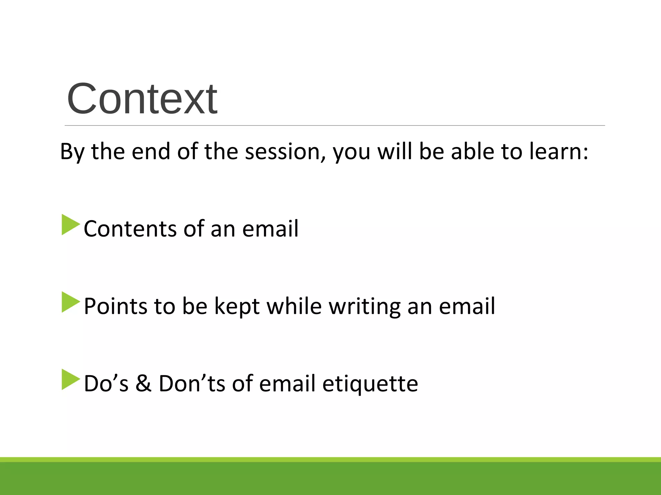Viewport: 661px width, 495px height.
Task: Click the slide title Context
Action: coord(142,99)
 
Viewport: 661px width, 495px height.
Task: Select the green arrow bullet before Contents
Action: coord(70,225)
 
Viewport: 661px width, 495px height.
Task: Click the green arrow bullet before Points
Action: coord(70,302)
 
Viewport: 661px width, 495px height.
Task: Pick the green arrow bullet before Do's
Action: coord(70,380)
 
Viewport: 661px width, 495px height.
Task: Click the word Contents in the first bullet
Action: coord(130,229)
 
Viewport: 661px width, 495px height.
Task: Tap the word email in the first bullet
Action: coord(270,229)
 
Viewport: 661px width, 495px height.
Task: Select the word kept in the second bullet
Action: coord(237,306)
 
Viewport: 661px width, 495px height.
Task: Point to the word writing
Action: coord(364,306)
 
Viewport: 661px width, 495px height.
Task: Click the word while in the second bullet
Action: coord(294,306)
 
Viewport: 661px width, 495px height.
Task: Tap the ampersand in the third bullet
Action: coord(143,383)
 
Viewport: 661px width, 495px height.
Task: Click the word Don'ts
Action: coord(192,383)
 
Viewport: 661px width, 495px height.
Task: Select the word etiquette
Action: coord(370,383)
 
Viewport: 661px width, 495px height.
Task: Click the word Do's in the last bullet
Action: coord(106,383)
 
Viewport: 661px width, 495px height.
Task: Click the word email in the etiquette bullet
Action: coord(287,383)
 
